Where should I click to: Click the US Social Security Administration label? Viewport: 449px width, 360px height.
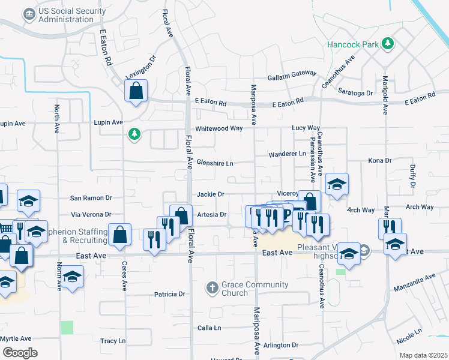[66, 16]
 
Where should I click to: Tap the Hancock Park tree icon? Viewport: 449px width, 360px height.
[388, 43]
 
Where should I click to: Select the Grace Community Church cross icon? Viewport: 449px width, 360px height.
[211, 288]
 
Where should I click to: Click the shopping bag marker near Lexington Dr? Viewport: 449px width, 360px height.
[136, 92]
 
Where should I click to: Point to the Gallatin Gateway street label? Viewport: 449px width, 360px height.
[292, 73]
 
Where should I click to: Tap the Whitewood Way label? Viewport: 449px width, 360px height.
[219, 128]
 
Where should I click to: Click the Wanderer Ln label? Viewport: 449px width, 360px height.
[287, 154]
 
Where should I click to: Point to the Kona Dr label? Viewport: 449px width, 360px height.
[379, 161]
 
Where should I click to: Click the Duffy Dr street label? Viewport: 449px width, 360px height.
[412, 176]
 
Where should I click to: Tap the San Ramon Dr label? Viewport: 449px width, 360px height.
[91, 197]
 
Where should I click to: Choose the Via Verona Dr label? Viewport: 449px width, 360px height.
[91, 214]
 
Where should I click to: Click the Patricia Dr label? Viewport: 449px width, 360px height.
[169, 295]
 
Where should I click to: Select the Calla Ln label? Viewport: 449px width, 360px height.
[209, 328]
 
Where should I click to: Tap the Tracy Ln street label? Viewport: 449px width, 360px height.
[113, 341]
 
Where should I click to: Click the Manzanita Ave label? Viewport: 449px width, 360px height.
[414, 283]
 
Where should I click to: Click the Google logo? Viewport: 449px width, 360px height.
[20, 352]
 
